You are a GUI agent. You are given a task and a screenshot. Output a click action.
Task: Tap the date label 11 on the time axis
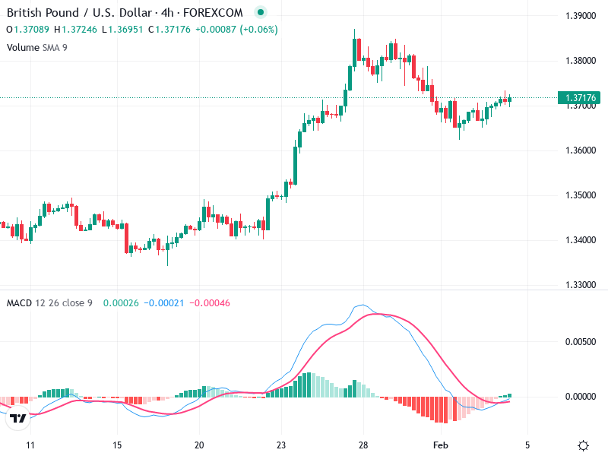(30, 445)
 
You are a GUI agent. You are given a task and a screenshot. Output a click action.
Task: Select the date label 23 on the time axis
(280, 445)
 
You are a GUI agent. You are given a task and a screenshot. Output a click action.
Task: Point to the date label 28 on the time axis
(364, 445)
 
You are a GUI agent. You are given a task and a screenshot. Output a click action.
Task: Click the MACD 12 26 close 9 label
(49, 303)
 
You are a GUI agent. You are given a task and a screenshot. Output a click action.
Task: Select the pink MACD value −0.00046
(208, 303)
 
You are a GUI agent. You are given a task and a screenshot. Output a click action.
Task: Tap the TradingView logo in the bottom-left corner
(18, 418)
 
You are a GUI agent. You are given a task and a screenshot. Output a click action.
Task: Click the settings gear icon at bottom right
(583, 445)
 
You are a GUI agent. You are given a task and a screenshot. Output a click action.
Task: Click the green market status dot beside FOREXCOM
(261, 13)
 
